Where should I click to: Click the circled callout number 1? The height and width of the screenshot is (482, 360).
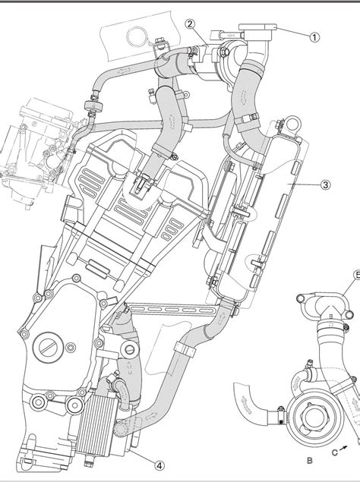(x=314, y=37)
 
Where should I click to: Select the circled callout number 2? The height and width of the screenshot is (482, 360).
(x=191, y=24)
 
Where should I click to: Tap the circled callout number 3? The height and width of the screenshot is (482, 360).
(x=326, y=184)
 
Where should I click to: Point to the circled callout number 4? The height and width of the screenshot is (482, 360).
(x=159, y=466)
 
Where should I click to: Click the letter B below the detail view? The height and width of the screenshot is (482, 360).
(x=310, y=461)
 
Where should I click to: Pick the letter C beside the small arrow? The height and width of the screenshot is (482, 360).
(x=334, y=452)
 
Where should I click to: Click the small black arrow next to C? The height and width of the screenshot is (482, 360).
(x=344, y=448)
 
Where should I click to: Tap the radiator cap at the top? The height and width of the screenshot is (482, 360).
(x=257, y=31)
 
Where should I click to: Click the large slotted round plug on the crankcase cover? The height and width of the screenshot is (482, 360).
(x=49, y=348)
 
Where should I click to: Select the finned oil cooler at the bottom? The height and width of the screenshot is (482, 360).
(x=98, y=425)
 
